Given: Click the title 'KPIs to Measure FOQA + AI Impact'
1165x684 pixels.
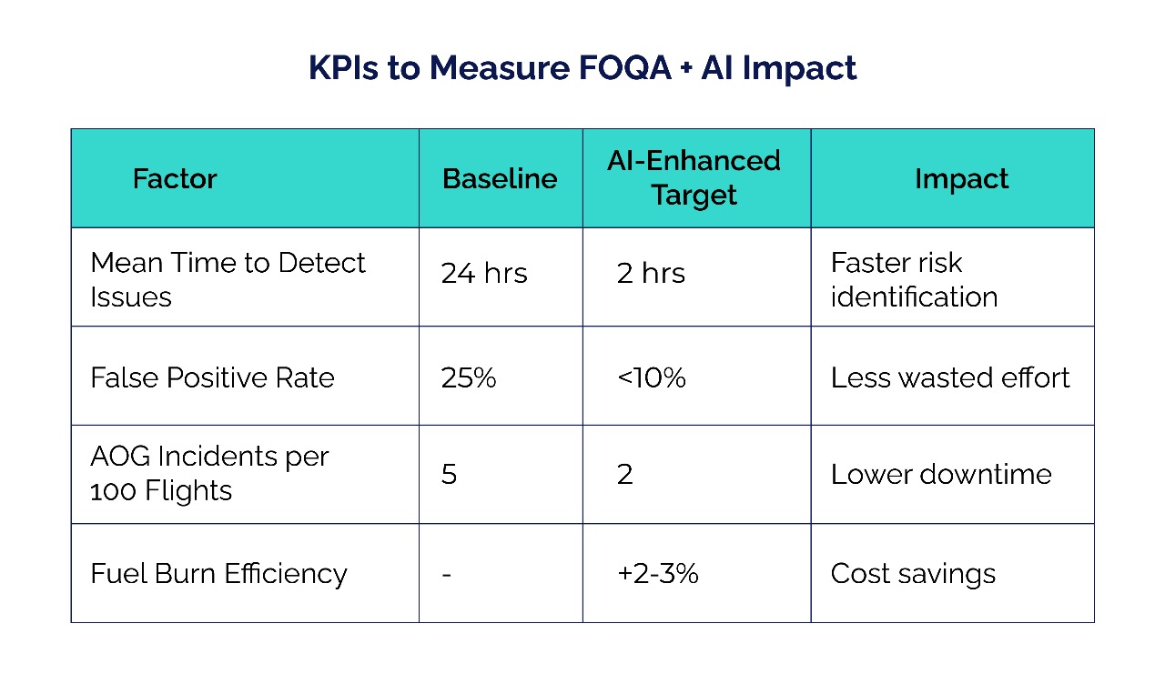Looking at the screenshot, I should tap(582, 69).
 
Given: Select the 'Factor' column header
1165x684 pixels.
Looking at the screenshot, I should tap(175, 178).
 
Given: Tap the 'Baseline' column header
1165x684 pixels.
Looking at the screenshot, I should tap(500, 178).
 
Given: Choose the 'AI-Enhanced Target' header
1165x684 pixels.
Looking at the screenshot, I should tap(694, 178).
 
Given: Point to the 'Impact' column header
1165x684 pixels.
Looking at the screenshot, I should tap(961, 178).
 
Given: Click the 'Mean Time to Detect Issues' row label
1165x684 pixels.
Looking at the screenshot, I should tap(228, 279).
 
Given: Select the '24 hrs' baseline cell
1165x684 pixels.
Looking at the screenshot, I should tap(484, 274).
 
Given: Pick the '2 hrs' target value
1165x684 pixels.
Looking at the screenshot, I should tap(651, 274).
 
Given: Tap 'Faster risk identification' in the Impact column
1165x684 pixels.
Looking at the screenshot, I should tap(914, 279).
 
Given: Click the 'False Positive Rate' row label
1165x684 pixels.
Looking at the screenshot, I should tap(212, 377).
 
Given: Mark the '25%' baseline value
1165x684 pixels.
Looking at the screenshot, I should tap(469, 377).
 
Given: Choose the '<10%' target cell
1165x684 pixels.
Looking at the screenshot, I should tap(651, 377).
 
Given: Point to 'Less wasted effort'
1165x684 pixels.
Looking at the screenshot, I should tap(950, 377).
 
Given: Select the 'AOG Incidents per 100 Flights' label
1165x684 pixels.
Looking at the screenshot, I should tap(209, 473).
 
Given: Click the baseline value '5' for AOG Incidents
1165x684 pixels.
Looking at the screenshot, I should tap(449, 475).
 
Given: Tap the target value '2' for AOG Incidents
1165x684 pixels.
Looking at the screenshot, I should tap(624, 475).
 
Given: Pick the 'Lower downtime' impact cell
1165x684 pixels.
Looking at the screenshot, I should tap(941, 475).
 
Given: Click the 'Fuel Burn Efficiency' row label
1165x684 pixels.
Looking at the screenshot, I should tap(218, 574).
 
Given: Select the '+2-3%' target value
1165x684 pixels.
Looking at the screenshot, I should tap(657, 574).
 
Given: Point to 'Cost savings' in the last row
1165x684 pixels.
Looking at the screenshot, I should tap(913, 574).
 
